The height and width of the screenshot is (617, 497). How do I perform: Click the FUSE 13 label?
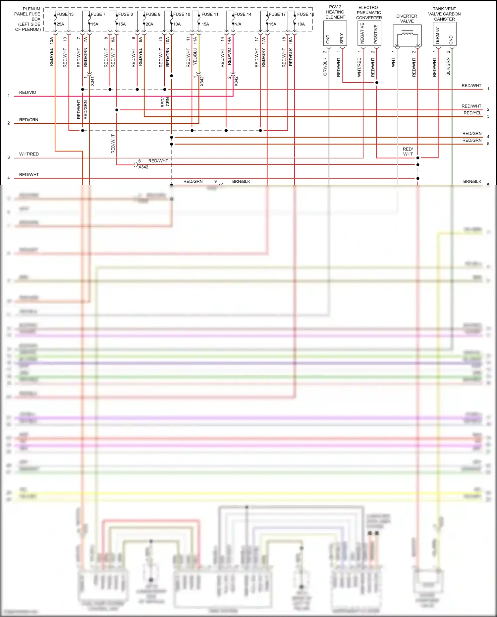[x=65, y=14]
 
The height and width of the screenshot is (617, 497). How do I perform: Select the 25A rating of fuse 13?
[x=60, y=24]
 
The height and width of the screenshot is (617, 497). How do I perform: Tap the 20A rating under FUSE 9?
[x=149, y=24]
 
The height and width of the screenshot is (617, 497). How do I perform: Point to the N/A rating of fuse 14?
[x=238, y=24]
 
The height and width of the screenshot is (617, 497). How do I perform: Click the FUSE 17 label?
[x=277, y=14]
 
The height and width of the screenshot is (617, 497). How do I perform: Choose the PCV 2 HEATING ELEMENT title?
[x=335, y=12]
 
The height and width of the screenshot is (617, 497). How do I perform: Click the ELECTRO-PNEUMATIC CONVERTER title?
[x=369, y=13]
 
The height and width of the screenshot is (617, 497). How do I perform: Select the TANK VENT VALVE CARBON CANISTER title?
[x=444, y=14]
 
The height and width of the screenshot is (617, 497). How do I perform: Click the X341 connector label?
[x=92, y=81]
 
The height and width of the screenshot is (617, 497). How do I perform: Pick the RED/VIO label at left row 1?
[x=28, y=93]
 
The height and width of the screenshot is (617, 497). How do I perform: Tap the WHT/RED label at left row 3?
[x=29, y=154]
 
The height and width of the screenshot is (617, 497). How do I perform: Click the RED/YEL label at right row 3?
[x=472, y=113]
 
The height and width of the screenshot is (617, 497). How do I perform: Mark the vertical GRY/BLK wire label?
[x=325, y=67]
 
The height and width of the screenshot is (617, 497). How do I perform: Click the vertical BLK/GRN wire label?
[x=448, y=67]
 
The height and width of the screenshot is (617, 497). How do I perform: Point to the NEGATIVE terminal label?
[x=362, y=33]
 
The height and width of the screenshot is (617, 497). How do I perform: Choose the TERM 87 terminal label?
[x=437, y=36]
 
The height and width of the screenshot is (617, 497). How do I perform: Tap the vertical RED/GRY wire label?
[x=263, y=57]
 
